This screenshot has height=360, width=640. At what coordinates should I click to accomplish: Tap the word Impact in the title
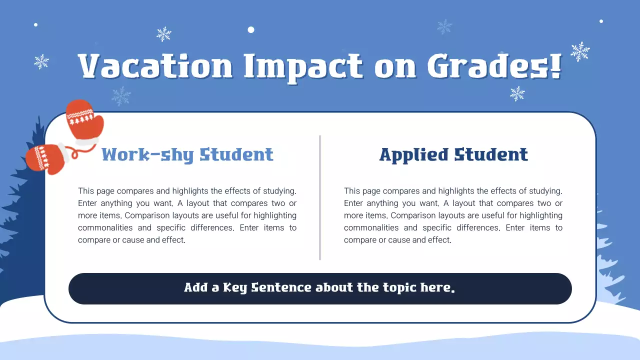click(x=303, y=66)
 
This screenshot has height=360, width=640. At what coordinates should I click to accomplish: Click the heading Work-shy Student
click(x=187, y=154)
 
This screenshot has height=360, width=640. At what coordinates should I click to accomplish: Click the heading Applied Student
click(x=453, y=154)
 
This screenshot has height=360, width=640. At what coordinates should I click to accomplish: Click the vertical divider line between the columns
click(x=320, y=197)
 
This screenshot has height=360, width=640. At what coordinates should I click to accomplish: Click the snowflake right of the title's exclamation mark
click(x=580, y=51)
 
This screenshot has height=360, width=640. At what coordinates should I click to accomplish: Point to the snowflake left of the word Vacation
click(x=41, y=61)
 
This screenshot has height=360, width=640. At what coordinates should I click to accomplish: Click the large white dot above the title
click(x=251, y=30)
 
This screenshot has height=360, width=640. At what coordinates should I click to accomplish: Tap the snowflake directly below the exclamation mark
click(x=517, y=93)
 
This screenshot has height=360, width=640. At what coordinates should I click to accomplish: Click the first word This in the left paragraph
click(x=85, y=191)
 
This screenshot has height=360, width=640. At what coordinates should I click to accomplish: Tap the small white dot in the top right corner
click(x=601, y=21)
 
